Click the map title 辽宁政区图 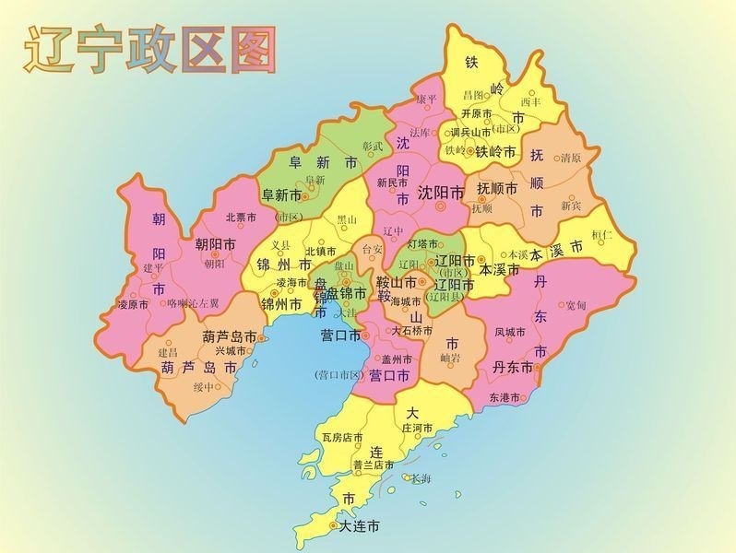pyautogui.click(x=151, y=50)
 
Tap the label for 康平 pyautogui.click(x=425, y=100)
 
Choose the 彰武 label pyautogui.click(x=372, y=146)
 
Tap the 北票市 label pyautogui.click(x=242, y=218)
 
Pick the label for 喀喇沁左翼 pyautogui.click(x=193, y=302)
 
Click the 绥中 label pyautogui.click(x=203, y=387)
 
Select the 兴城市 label pyautogui.click(x=231, y=351)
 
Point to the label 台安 pyautogui.click(x=371, y=249)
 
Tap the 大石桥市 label pyautogui.click(x=411, y=329)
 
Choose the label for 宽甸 pyautogui.click(x=576, y=305)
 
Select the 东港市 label pyautogui.click(x=505, y=398)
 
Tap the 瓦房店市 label pyautogui.click(x=342, y=437)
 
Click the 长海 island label pyautogui.click(x=421, y=478)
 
